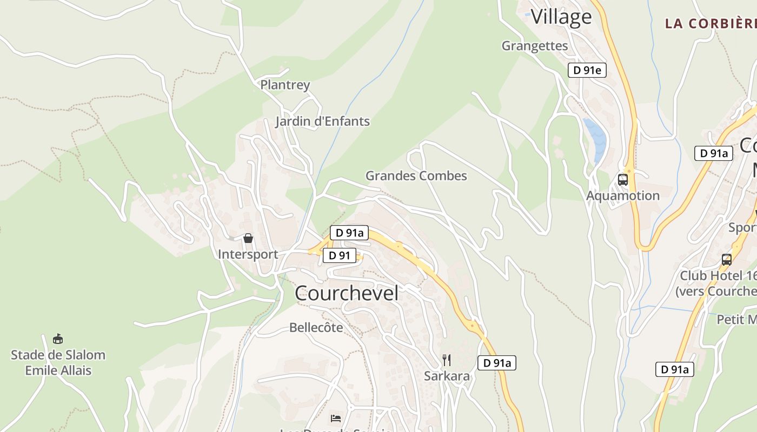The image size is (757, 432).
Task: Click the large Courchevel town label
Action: click(x=347, y=293)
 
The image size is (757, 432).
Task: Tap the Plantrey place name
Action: click(x=285, y=85)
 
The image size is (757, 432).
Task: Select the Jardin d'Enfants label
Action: click(x=322, y=121)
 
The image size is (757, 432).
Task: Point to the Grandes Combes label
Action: click(x=416, y=175)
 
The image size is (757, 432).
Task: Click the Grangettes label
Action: click(x=535, y=46)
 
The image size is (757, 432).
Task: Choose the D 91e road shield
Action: click(x=587, y=70)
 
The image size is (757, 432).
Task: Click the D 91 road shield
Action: click(x=340, y=255)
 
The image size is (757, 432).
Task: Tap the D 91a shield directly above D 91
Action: click(x=349, y=233)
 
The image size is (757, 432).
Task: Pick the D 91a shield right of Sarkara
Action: click(x=496, y=363)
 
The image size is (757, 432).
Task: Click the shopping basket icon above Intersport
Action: click(x=248, y=238)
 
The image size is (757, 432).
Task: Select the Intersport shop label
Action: click(x=248, y=254)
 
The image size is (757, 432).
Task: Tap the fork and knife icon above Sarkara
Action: click(x=447, y=360)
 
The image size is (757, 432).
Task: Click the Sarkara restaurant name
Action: click(x=447, y=376)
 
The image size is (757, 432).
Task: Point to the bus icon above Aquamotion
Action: click(x=622, y=179)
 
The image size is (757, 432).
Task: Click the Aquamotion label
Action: click(x=623, y=195)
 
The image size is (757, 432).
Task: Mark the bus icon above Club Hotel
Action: click(x=727, y=259)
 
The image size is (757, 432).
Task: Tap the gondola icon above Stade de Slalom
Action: click(x=58, y=339)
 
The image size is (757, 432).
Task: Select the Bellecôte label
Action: click(x=316, y=327)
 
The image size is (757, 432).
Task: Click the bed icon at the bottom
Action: click(x=335, y=418)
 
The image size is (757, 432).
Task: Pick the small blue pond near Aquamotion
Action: click(x=595, y=137)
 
